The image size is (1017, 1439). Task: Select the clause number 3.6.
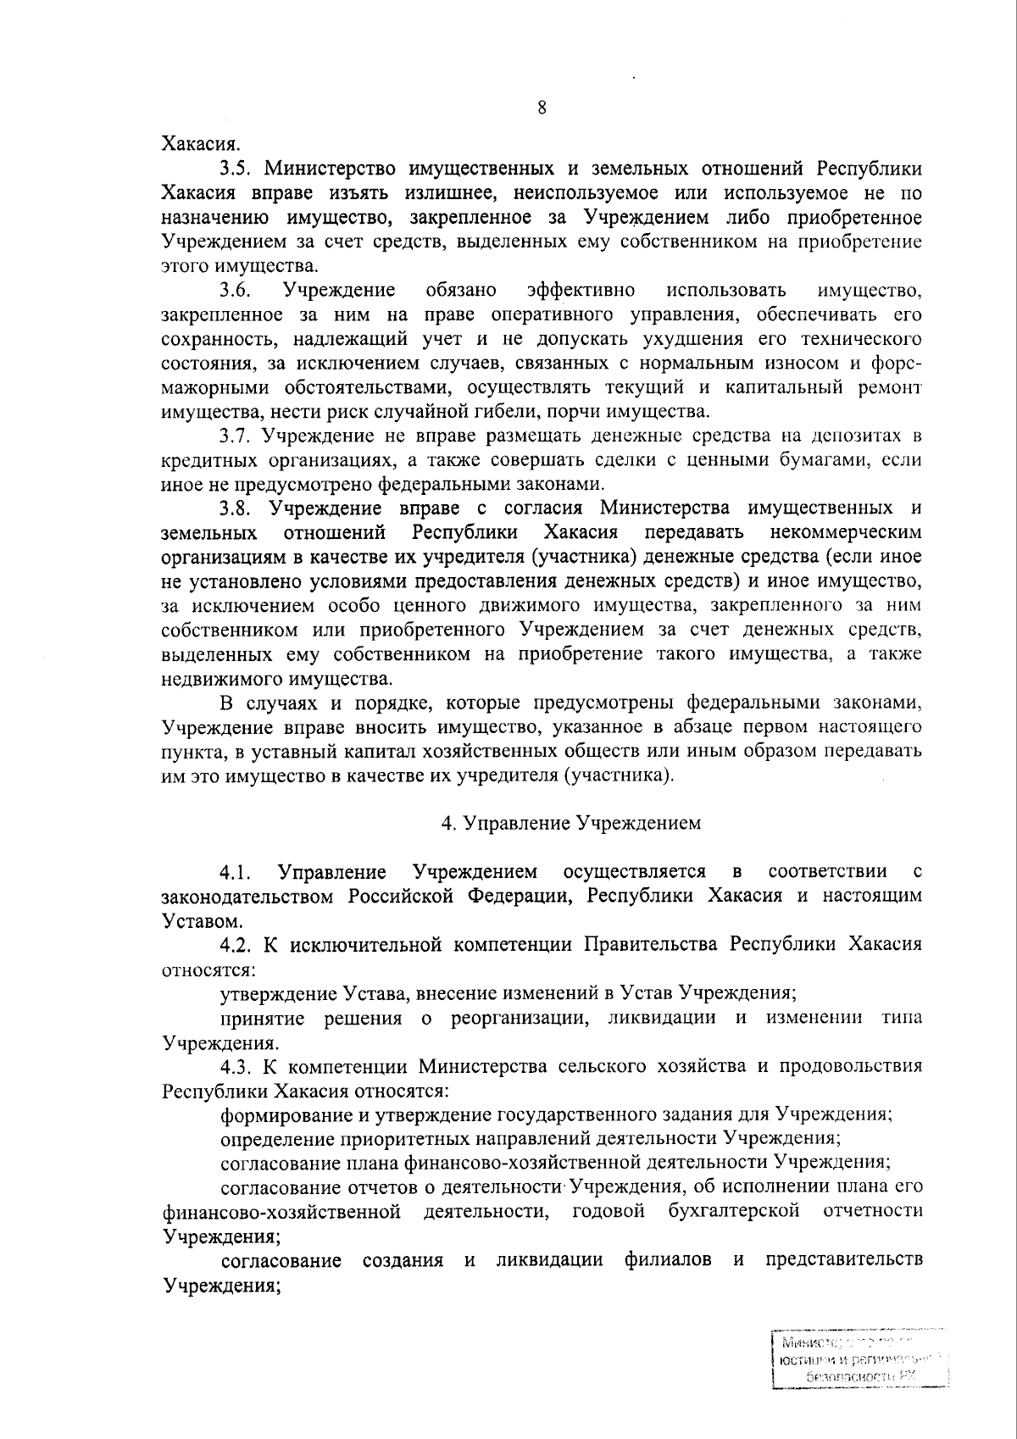(x=235, y=291)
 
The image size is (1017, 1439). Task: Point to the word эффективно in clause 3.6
(x=581, y=291)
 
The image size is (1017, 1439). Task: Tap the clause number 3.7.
(x=236, y=436)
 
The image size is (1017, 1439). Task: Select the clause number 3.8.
(x=236, y=508)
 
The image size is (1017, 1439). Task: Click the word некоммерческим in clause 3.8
(x=847, y=533)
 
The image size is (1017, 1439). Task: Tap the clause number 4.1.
(x=236, y=872)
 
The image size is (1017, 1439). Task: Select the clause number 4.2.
(x=236, y=944)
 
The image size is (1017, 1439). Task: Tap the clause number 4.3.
(x=236, y=1065)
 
